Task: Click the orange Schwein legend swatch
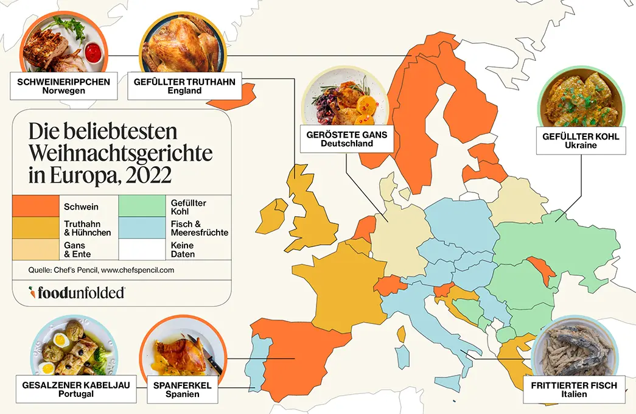tap(35, 206)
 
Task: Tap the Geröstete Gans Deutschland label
tap(348, 139)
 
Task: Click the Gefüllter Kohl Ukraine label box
tap(581, 141)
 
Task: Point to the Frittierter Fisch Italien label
tap(573, 390)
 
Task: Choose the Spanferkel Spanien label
tap(183, 390)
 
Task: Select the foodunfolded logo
tap(77, 292)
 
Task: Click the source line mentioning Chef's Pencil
tap(102, 269)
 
